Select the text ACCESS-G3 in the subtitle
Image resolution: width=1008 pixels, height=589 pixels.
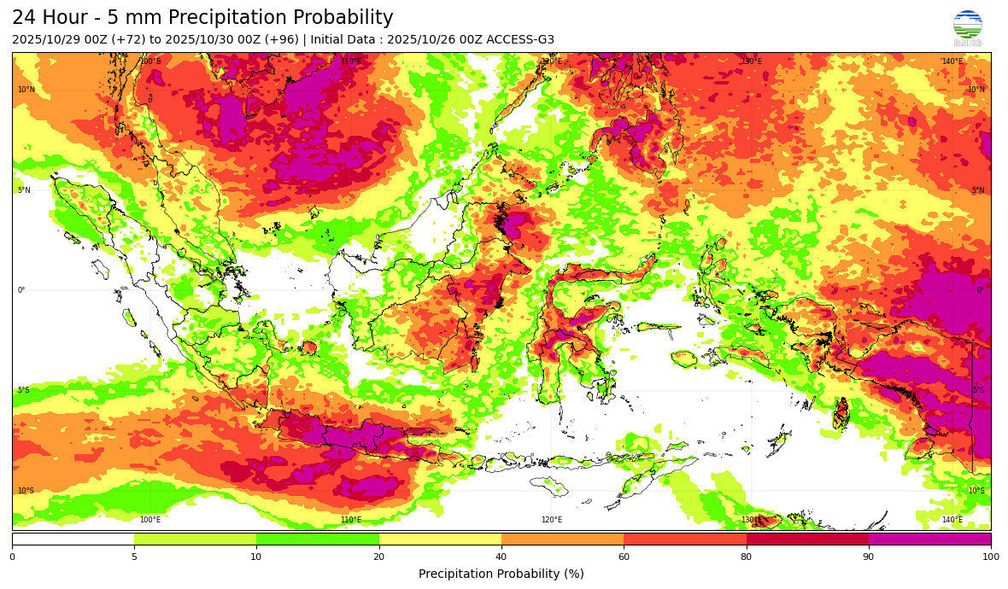(519, 39)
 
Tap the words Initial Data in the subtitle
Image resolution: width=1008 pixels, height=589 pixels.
(343, 39)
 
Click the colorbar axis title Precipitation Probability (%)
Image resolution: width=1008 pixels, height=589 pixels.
(501, 574)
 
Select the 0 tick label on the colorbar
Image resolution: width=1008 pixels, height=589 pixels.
(12, 557)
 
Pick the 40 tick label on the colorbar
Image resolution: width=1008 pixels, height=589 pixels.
(501, 557)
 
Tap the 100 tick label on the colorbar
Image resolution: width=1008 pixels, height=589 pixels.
(990, 557)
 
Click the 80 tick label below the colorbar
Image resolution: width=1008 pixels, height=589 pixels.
(747, 557)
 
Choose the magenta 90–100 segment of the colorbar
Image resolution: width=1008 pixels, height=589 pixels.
(929, 539)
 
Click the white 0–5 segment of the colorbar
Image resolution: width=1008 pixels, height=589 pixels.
(73, 539)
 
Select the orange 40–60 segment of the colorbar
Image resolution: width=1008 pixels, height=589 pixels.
(562, 539)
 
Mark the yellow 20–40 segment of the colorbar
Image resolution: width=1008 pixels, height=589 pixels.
(440, 539)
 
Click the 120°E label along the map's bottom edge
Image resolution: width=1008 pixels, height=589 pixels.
(552, 520)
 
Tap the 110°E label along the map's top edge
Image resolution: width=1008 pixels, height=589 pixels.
(351, 61)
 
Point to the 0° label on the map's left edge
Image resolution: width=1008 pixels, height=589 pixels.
(21, 290)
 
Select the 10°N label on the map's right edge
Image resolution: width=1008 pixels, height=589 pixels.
(976, 90)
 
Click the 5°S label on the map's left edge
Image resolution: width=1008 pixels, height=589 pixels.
(24, 390)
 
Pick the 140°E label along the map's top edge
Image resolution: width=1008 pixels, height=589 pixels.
(952, 61)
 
